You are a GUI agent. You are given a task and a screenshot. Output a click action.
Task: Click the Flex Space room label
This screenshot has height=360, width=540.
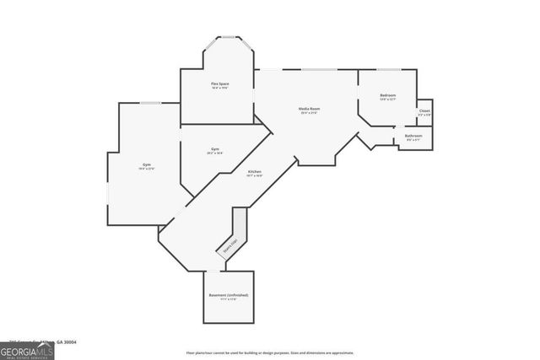[x=219, y=83]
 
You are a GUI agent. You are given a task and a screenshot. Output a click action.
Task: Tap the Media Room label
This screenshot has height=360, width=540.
[x=309, y=109]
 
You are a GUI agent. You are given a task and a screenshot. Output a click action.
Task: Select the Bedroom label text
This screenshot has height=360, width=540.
[x=387, y=95]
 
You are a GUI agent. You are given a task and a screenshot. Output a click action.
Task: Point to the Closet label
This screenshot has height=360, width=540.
[x=424, y=111]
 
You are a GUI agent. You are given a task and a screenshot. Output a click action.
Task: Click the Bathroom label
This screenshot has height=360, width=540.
[x=413, y=136]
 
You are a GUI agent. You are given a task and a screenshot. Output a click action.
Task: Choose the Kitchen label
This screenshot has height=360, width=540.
[x=254, y=172]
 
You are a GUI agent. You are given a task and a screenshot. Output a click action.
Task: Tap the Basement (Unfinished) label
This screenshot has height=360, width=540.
[x=229, y=295]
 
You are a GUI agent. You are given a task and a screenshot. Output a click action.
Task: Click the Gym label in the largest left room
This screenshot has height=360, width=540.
[x=147, y=164]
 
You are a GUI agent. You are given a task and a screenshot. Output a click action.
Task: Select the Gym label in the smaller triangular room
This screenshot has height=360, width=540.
[x=215, y=149]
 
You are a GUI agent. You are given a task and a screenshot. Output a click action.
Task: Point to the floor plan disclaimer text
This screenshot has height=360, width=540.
[x=269, y=352]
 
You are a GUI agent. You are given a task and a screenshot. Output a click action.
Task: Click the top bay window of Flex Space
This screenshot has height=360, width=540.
[x=228, y=36]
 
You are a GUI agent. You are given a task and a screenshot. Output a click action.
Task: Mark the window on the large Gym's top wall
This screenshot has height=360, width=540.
[x=150, y=103]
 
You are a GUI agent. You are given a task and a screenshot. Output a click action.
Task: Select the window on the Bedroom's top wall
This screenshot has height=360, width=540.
[x=388, y=69]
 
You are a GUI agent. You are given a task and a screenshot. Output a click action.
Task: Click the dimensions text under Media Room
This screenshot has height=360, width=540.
[x=309, y=114]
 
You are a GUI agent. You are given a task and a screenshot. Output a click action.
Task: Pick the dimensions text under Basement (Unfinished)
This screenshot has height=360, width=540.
[x=229, y=300]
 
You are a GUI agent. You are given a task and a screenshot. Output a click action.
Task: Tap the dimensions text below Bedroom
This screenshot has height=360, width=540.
[x=387, y=100]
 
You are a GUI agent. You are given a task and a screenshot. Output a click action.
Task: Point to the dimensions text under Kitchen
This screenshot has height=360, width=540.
[x=254, y=176]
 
